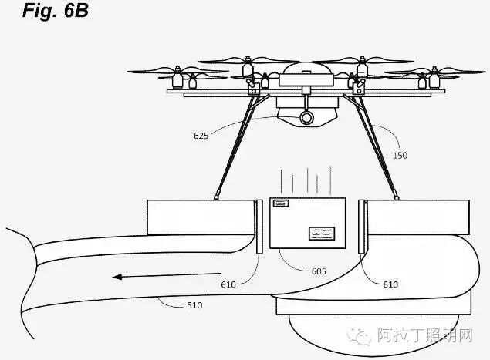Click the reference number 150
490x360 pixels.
click(399, 154)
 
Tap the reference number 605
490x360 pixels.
click(318, 271)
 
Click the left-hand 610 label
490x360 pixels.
click(228, 284)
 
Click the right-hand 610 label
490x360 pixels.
click(390, 284)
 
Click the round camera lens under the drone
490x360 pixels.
click(307, 117)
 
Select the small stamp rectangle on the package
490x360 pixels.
click(280, 204)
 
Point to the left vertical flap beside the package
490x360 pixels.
click(258, 225)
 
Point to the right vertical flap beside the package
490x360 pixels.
click(362, 225)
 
